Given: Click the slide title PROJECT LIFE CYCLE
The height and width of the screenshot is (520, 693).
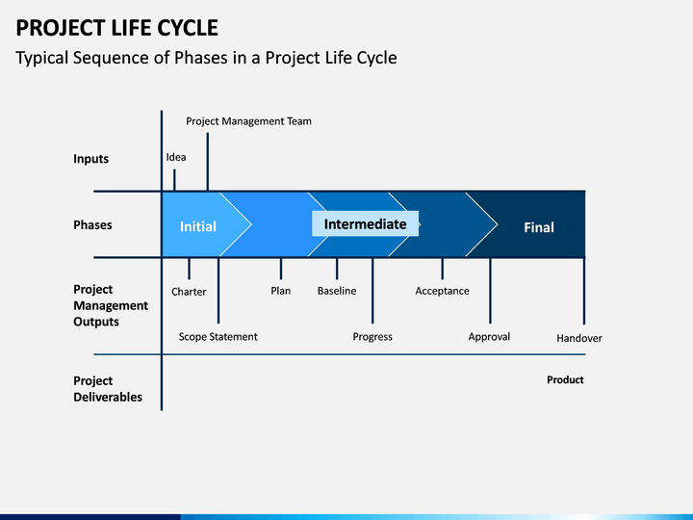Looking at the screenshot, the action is click(117, 28).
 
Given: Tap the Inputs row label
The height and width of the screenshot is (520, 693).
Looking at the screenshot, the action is click(91, 159).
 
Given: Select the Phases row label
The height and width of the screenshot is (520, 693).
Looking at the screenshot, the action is click(92, 224).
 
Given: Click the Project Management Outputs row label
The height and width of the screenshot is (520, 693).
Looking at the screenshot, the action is click(111, 305).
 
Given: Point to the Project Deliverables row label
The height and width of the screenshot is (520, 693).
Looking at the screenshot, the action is click(108, 389).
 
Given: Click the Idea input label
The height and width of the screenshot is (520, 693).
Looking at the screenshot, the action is click(176, 157).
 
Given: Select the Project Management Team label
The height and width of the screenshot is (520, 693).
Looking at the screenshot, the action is click(249, 121).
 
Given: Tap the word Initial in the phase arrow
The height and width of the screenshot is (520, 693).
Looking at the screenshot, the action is click(198, 226).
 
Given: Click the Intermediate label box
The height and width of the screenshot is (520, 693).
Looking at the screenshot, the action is click(366, 223).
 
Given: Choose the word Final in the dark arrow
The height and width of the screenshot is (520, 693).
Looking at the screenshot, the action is click(539, 227).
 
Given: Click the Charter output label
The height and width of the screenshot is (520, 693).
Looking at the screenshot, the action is click(189, 292).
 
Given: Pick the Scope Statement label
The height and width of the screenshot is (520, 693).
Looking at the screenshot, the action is click(218, 336).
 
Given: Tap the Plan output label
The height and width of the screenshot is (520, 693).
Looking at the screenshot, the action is click(281, 291).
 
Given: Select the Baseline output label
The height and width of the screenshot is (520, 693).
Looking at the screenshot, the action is click(337, 291).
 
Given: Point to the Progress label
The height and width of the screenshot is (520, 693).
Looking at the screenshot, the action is click(372, 337).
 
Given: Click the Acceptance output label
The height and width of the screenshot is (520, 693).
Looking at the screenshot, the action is click(442, 291).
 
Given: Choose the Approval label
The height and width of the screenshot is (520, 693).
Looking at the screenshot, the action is click(489, 337).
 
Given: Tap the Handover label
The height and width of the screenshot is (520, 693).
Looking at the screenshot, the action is click(579, 338).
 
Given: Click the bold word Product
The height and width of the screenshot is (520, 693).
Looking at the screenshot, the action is click(565, 379).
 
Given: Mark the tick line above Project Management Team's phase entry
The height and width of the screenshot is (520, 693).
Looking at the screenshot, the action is click(208, 162).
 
